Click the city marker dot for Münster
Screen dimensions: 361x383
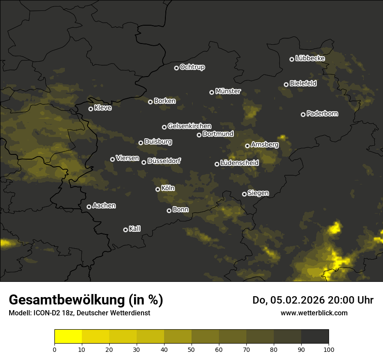coord(212,92)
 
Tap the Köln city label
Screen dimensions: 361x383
coord(168,188)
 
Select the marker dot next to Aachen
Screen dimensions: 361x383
coord(89,207)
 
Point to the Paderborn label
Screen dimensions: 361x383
coord(322,114)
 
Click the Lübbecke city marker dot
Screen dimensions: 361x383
coord(292,59)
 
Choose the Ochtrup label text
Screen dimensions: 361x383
coord(192,67)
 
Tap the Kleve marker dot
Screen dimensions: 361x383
coord(91,109)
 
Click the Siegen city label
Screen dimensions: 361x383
coord(258,193)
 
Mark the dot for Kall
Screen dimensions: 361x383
coord(126,230)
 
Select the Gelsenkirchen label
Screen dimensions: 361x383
coord(189,126)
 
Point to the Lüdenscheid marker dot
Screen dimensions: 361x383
coord(217,164)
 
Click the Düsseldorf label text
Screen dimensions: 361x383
coord(164,161)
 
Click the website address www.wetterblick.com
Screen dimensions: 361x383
coord(314,313)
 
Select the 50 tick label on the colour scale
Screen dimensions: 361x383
coord(191,349)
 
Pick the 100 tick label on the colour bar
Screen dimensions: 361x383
coord(329,349)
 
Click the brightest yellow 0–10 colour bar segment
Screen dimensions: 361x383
coord(68,337)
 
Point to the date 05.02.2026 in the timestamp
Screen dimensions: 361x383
coord(295,300)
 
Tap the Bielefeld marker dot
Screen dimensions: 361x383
coord(286,84)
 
